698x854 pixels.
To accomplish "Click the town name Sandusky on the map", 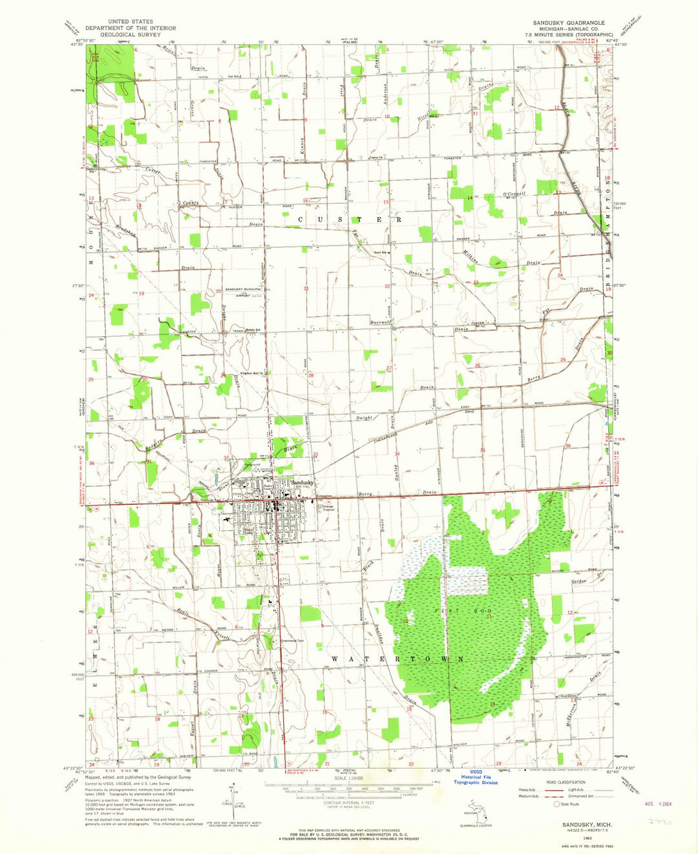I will point(302,482).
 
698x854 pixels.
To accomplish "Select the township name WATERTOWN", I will point(397,659).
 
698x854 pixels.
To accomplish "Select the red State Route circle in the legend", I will point(556,804).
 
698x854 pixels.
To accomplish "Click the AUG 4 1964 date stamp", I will point(660,804).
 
